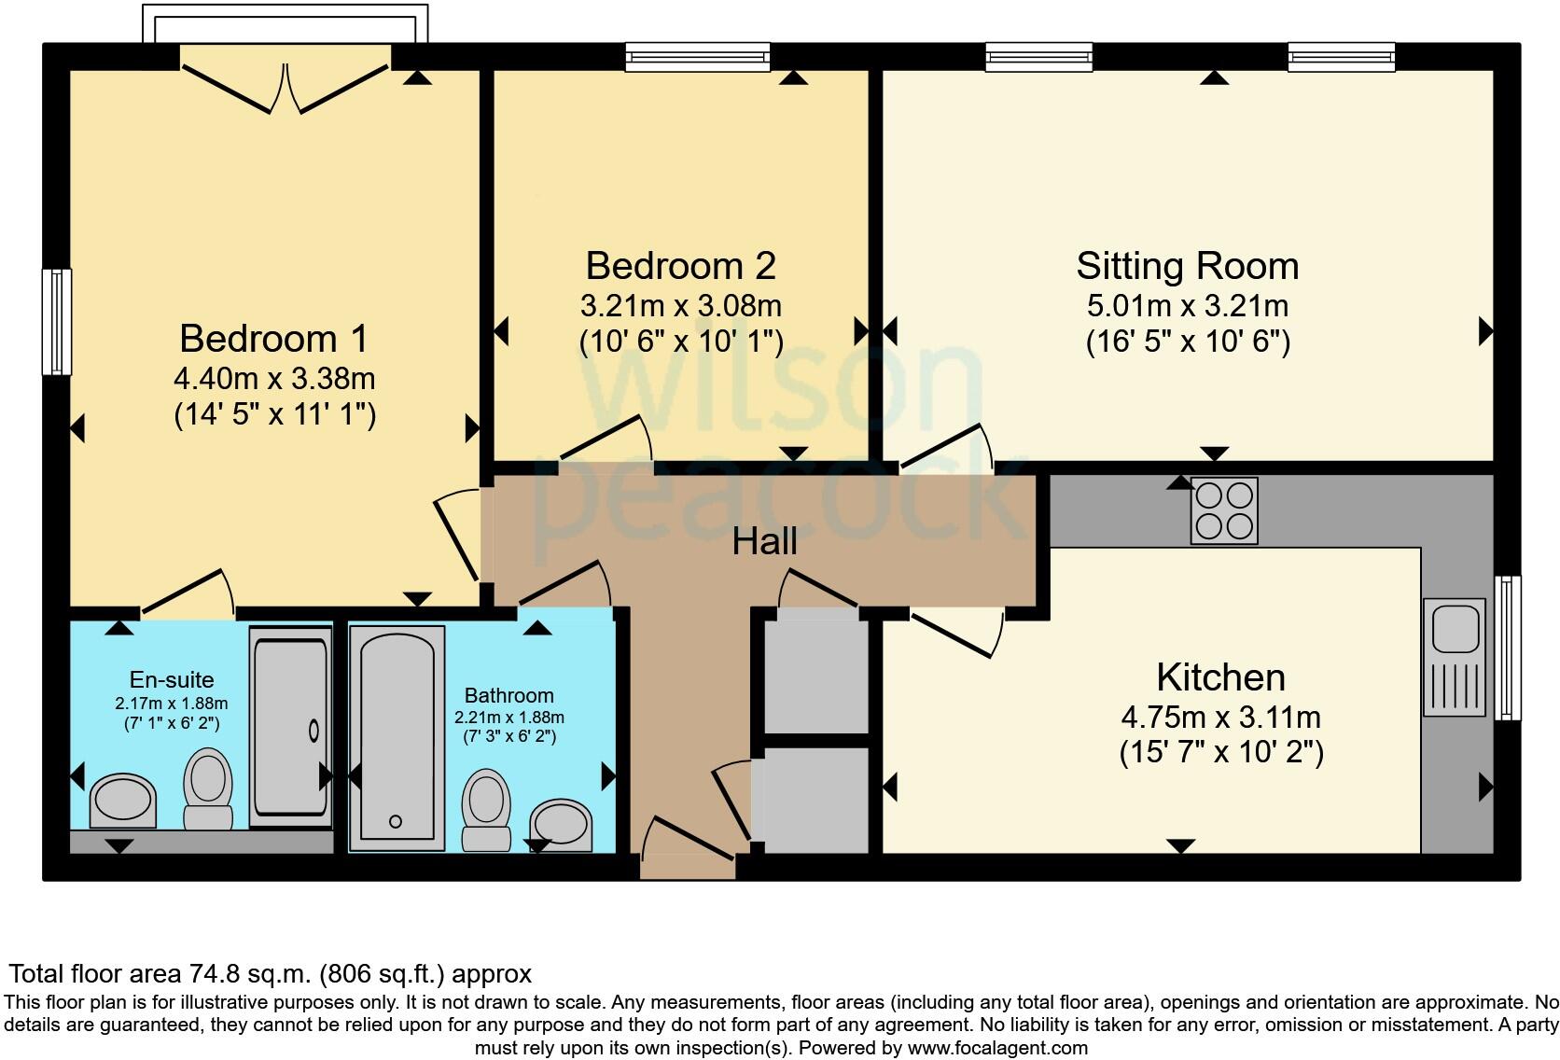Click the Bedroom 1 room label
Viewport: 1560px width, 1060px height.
click(x=274, y=338)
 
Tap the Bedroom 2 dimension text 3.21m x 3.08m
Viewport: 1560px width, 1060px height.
click(x=680, y=305)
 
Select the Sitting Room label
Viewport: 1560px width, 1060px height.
click(x=1187, y=266)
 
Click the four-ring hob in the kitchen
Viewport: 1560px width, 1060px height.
click(x=1223, y=510)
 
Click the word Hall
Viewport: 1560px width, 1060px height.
click(x=764, y=541)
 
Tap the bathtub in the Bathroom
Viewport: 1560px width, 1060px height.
click(x=397, y=737)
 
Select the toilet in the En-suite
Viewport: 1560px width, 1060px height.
click(x=207, y=788)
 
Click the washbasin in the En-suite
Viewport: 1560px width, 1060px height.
click(x=122, y=801)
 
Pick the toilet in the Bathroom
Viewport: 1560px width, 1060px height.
click(x=486, y=808)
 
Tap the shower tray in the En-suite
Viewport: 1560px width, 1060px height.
click(x=290, y=728)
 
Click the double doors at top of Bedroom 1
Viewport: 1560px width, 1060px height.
click(x=285, y=84)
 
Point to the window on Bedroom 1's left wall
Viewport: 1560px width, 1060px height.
click(x=57, y=322)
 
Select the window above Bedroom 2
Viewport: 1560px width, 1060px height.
click(x=697, y=57)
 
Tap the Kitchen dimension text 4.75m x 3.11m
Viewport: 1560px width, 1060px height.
click(x=1220, y=718)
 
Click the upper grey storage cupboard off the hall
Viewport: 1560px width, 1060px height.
click(x=816, y=676)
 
